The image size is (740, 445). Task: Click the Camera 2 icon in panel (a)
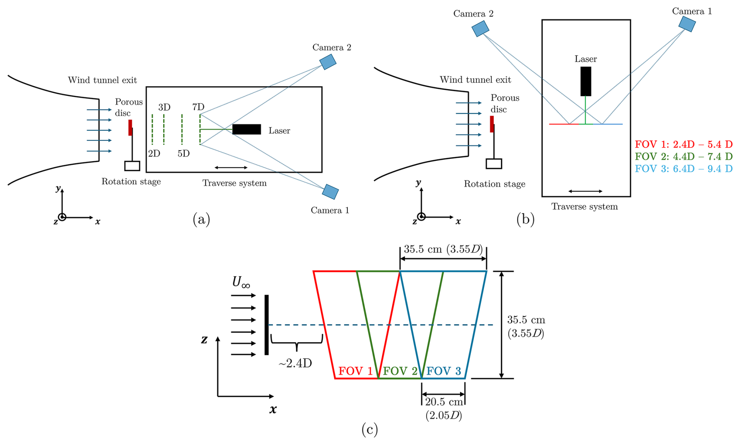(x=328, y=62)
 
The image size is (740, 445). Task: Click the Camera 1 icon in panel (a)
(x=330, y=192)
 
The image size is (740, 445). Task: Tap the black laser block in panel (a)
(x=246, y=130)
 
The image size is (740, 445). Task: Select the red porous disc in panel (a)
(x=130, y=128)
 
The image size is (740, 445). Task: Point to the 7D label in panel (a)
(x=198, y=107)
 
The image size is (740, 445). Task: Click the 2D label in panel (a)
(x=154, y=153)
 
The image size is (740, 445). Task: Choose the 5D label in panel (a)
(x=183, y=153)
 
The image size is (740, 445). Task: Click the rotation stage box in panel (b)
(x=494, y=164)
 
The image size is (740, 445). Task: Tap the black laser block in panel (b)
(x=586, y=81)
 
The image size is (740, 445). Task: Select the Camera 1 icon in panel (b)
(x=687, y=24)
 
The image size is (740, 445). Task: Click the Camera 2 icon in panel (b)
(x=480, y=29)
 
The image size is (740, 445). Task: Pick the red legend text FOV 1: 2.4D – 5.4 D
(x=684, y=144)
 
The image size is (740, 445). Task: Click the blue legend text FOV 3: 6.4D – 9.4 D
(x=684, y=169)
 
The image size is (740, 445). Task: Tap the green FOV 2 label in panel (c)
(x=400, y=371)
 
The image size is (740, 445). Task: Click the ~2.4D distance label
(x=295, y=363)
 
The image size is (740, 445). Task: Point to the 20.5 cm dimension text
(x=444, y=402)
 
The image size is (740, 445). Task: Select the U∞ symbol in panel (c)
(x=241, y=282)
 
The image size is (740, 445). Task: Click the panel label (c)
(x=370, y=429)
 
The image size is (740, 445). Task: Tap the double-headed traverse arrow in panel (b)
(x=585, y=191)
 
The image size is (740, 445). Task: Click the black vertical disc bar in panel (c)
(x=267, y=325)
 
